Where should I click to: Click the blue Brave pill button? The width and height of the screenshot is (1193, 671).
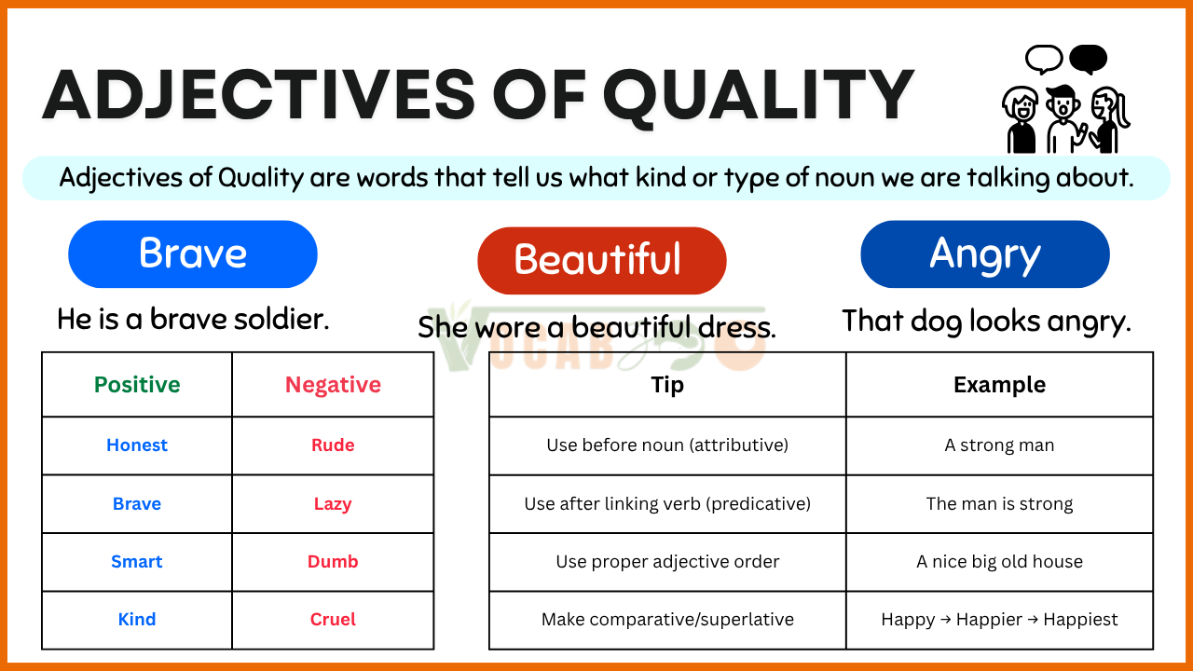[x=193, y=254]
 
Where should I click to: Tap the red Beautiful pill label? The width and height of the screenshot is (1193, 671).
[x=602, y=260]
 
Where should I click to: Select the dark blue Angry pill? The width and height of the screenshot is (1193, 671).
[x=985, y=254]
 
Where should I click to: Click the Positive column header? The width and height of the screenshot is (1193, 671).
[x=137, y=385]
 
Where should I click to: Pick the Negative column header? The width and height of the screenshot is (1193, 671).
[x=333, y=385]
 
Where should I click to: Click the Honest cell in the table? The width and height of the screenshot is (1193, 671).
[x=137, y=445]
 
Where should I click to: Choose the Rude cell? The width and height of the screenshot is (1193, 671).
[x=333, y=445]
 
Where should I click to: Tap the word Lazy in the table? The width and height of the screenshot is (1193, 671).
[x=333, y=504]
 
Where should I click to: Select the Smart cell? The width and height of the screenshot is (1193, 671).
[x=137, y=561]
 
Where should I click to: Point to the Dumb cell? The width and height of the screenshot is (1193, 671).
[x=333, y=561]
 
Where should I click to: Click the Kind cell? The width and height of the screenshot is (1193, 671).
[x=137, y=620]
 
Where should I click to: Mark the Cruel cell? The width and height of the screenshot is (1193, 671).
[x=333, y=620]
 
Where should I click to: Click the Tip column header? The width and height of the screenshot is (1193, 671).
[x=667, y=385]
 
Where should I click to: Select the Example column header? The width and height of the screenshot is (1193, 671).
[x=1000, y=385]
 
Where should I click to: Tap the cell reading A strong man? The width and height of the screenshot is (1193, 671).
[x=1000, y=445]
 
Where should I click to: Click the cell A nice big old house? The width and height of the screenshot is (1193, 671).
[x=1000, y=561]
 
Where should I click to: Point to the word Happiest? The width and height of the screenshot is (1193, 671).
[x=1080, y=620]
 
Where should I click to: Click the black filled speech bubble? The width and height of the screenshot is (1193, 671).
[x=1088, y=59]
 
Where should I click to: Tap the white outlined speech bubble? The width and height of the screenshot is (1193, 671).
[x=1045, y=59]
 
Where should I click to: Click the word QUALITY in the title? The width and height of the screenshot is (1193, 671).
[x=759, y=96]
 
